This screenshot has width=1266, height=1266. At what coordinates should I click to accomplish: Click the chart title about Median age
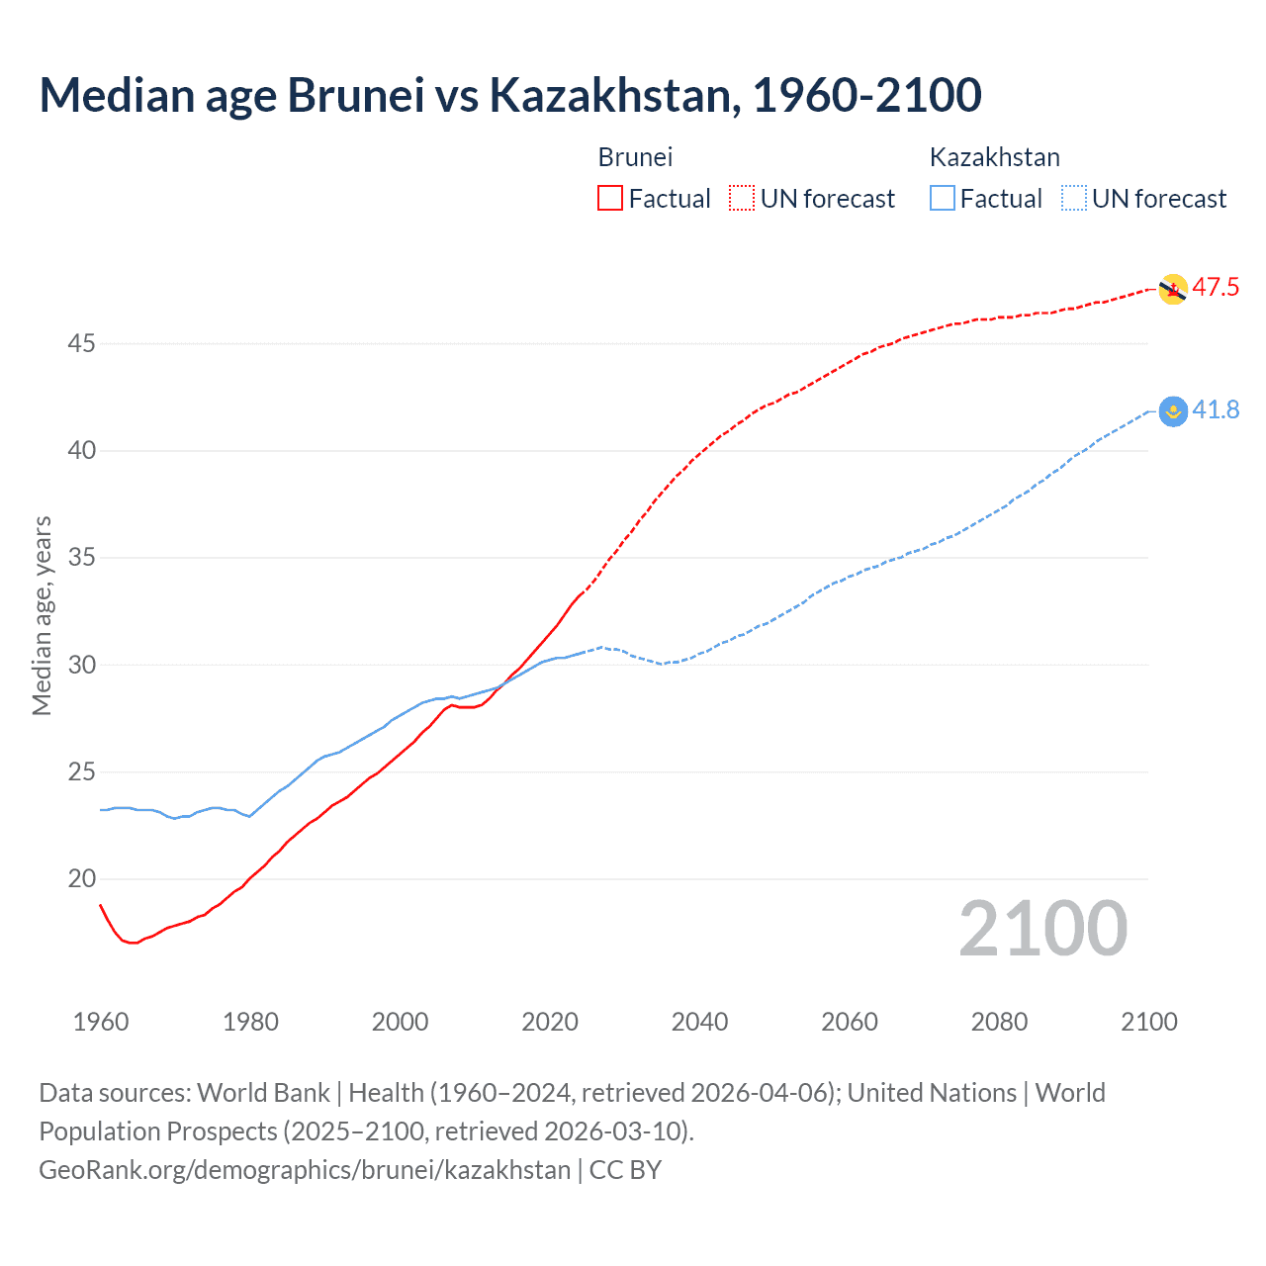[x=510, y=95]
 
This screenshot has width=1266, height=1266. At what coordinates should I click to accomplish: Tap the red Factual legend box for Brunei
[x=610, y=199]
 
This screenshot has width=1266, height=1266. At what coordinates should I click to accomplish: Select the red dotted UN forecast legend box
[x=742, y=199]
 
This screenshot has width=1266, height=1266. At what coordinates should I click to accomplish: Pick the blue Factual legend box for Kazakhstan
[x=943, y=199]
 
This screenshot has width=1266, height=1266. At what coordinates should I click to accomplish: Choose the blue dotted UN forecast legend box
[x=1074, y=199]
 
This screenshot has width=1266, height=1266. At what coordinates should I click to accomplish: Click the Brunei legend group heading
[x=635, y=157]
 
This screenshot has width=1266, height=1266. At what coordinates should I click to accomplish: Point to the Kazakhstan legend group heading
[x=994, y=157]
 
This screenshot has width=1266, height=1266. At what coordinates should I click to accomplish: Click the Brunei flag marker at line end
[x=1172, y=289]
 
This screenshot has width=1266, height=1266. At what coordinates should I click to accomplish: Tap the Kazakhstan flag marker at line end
[x=1172, y=410]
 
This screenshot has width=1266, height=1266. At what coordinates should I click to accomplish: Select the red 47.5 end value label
[x=1216, y=288]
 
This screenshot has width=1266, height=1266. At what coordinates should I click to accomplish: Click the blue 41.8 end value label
[x=1216, y=410]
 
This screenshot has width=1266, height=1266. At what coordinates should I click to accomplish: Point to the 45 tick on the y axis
[x=81, y=344]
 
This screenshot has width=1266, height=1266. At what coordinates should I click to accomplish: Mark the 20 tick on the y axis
[x=81, y=879]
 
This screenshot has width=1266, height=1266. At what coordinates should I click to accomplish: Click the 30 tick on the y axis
[x=81, y=665]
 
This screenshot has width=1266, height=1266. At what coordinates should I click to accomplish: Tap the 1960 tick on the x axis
[x=101, y=1022]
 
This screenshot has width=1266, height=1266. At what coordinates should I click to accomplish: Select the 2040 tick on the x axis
[x=699, y=1022]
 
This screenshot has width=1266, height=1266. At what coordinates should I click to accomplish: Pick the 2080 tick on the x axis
[x=999, y=1022]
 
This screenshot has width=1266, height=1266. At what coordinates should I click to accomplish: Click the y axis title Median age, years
[x=42, y=615]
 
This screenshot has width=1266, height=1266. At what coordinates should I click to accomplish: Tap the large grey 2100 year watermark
[x=1042, y=929]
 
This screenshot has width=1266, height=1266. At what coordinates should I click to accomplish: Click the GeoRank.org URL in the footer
[x=305, y=1170]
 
